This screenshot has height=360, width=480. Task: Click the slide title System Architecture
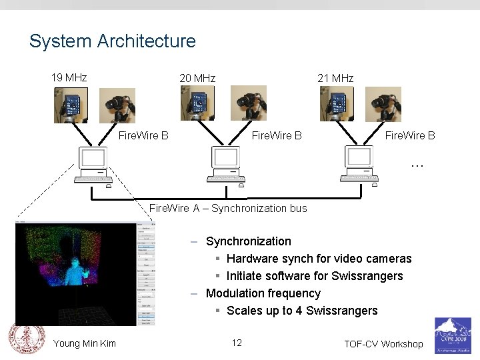pyautogui.click(x=112, y=41)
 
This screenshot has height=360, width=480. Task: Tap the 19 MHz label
pyautogui.click(x=69, y=77)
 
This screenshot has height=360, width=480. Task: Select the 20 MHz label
pyautogui.click(x=197, y=78)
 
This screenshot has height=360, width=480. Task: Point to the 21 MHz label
pyautogui.click(x=335, y=78)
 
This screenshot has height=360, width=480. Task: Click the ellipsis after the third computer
pyautogui.click(x=417, y=163)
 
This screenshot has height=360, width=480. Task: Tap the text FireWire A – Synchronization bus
pyautogui.click(x=228, y=208)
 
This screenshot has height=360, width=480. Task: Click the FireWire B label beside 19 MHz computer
pyautogui.click(x=143, y=135)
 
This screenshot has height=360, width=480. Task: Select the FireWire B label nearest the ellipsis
pyautogui.click(x=410, y=135)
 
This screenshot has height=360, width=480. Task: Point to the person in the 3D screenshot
pyautogui.click(x=82, y=274)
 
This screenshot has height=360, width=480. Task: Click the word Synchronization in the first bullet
pyautogui.click(x=249, y=241)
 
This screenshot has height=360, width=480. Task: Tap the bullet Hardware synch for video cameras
pyautogui.click(x=319, y=259)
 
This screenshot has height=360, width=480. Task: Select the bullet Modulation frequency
pyautogui.click(x=263, y=293)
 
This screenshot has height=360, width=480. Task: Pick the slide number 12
pyautogui.click(x=237, y=343)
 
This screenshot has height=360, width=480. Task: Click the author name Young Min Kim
pyautogui.click(x=85, y=343)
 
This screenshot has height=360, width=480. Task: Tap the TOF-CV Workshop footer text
pyautogui.click(x=383, y=344)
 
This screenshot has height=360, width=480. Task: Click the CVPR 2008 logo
pyautogui.click(x=453, y=335)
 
